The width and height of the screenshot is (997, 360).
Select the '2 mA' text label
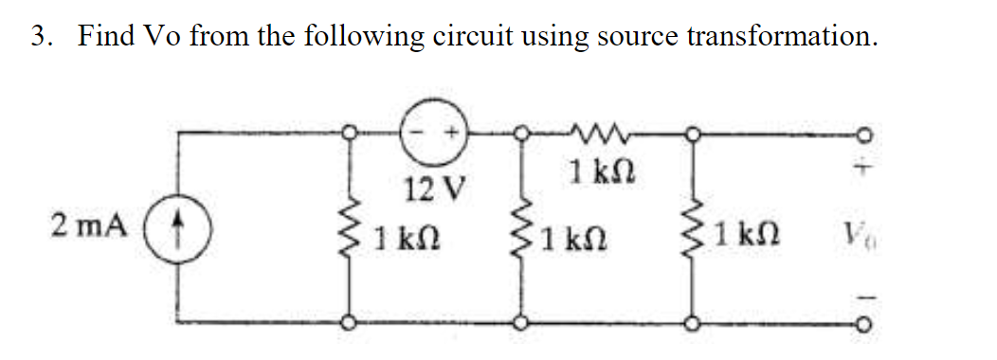pyautogui.click(x=87, y=227)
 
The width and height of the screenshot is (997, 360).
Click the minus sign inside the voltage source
pyautogui.click(x=425, y=134)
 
